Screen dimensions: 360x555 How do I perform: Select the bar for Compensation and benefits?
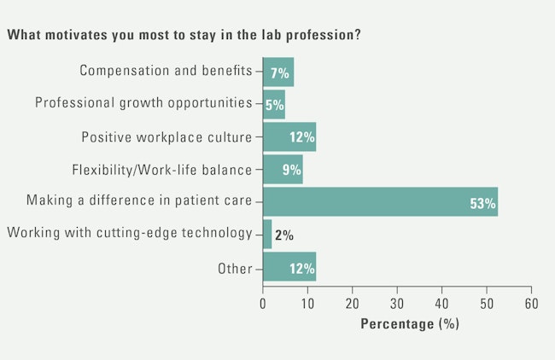click(x=277, y=72)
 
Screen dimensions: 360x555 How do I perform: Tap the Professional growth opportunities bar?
click(x=273, y=104)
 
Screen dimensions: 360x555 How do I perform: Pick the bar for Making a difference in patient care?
click(x=380, y=202)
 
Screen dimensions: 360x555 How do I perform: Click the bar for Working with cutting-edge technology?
click(x=267, y=235)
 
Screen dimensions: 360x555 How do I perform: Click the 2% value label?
click(x=284, y=235)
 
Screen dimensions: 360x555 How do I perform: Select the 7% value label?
click(x=281, y=73)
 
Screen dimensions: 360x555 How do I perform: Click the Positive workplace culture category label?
click(x=166, y=136)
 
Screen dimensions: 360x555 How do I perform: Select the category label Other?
click(x=236, y=269)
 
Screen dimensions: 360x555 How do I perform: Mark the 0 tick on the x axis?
click(x=263, y=304)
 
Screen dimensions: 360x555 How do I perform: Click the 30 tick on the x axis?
click(x=397, y=304)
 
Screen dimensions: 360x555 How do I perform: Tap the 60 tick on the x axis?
click(x=531, y=304)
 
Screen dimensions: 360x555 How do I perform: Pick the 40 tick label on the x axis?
click(x=441, y=304)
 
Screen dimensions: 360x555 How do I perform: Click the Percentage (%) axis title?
click(x=409, y=324)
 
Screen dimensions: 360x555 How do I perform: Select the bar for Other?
click(x=289, y=267)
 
